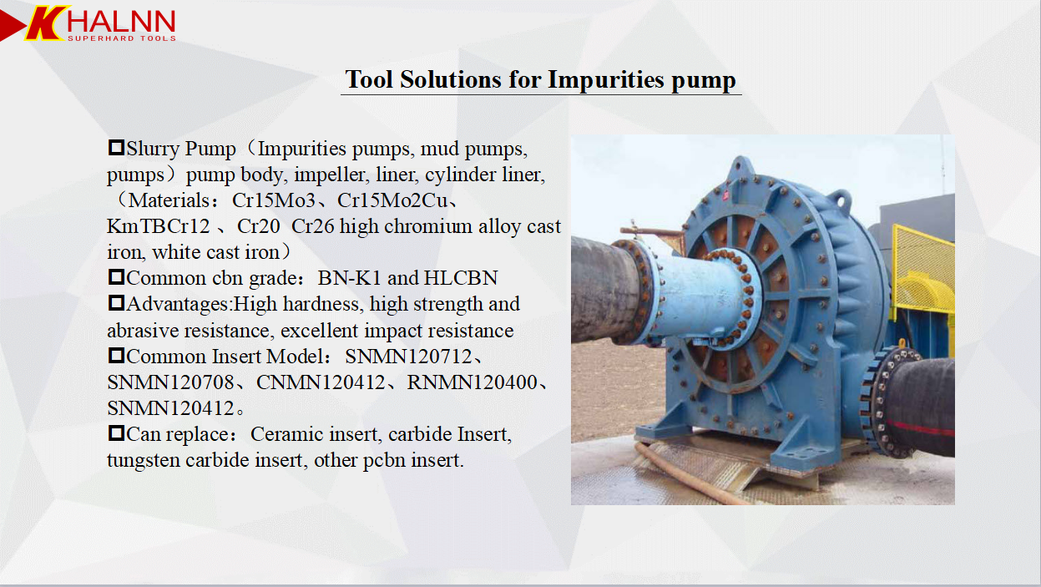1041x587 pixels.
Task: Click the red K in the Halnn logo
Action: tap(44, 23)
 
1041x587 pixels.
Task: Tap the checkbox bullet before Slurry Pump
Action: tap(116, 148)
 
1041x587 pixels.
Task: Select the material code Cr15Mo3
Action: tap(274, 200)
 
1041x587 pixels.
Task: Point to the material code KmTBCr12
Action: tap(159, 226)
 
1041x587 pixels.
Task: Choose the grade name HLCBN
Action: tap(461, 278)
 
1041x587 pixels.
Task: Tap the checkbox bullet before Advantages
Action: tap(116, 303)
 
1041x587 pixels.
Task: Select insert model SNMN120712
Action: tap(408, 357)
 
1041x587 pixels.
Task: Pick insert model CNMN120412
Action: tap(321, 382)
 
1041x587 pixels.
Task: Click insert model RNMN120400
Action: tap(472, 382)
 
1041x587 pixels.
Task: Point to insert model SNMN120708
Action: tap(170, 382)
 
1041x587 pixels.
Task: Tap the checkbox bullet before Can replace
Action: tap(116, 433)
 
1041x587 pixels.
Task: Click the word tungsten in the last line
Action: tap(144, 461)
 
